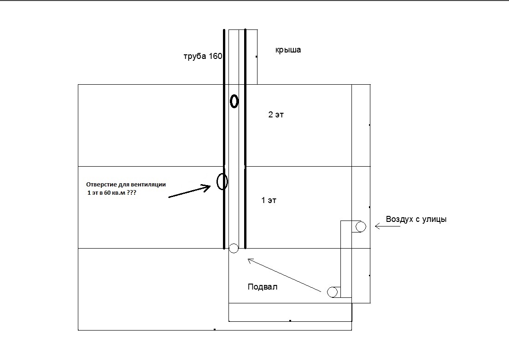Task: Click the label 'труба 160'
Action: tap(203, 57)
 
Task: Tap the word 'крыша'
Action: tap(288, 50)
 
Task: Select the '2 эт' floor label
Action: tap(276, 115)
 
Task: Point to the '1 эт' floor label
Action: tap(269, 200)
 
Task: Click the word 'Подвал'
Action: tap(263, 287)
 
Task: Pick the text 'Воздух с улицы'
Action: tap(416, 219)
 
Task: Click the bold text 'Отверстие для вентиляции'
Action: tap(126, 185)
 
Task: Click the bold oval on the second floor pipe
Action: tap(234, 101)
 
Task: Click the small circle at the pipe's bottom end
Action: tap(234, 249)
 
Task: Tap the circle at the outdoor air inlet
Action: tap(361, 226)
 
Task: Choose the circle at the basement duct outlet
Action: tap(332, 292)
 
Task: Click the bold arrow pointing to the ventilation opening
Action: tap(190, 192)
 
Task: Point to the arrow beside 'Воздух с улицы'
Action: tap(387, 226)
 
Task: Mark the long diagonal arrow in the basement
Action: tap(284, 275)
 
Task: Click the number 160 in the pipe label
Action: tap(215, 56)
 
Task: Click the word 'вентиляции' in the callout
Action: tap(148, 185)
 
